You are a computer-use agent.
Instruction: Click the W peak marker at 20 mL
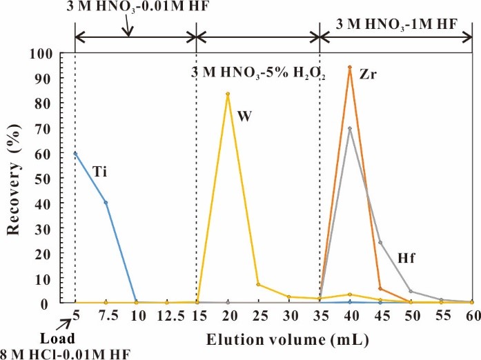pos(227,94)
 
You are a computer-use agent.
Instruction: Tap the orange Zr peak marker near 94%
pos(351,68)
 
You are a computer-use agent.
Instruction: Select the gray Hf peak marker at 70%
pos(351,128)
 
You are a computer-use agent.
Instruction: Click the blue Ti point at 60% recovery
pos(75,153)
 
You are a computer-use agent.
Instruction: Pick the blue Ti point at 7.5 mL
pos(106,202)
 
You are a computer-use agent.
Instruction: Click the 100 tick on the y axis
pos(54,54)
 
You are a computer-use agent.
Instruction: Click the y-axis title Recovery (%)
pos(14,179)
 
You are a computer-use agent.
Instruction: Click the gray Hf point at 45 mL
pos(381,242)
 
